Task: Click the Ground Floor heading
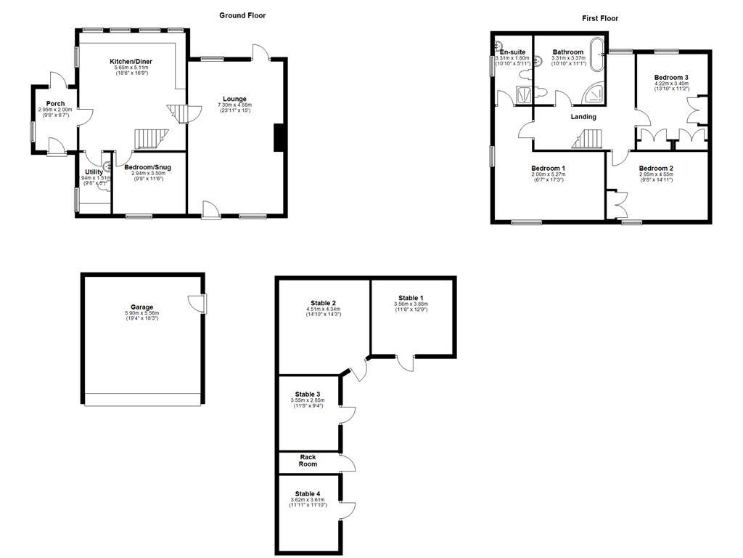[x=242, y=15]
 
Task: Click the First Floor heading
[x=600, y=18]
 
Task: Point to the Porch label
[x=55, y=104]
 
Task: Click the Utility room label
[x=94, y=171]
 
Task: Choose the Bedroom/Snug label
[x=147, y=167]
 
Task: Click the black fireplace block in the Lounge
[x=278, y=138]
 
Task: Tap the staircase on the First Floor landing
[x=591, y=138]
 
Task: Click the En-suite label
[x=512, y=52]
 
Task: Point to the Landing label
[x=583, y=117]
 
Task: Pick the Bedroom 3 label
[x=671, y=78]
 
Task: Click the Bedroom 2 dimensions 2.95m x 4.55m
[x=656, y=174]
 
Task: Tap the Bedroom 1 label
[x=548, y=168]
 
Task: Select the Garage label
[x=142, y=307]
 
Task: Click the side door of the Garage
[x=197, y=303]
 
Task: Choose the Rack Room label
[x=308, y=461]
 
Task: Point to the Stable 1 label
[x=411, y=298]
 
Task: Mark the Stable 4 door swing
[x=348, y=510]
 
